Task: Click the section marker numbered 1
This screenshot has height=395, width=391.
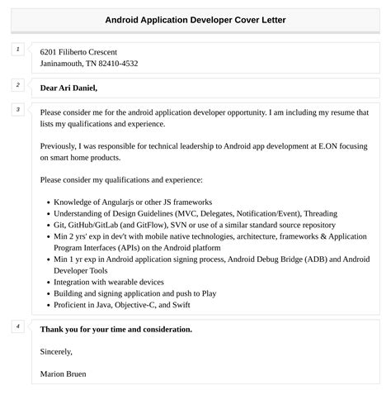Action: (18, 50)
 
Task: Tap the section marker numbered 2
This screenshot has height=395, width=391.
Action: (18, 85)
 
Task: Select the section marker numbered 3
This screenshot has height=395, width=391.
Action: (18, 109)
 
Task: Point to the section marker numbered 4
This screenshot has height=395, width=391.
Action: (18, 326)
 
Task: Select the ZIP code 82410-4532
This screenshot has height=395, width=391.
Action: (115, 64)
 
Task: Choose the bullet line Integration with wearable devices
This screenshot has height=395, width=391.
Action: (108, 282)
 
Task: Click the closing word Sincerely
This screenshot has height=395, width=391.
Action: (59, 351)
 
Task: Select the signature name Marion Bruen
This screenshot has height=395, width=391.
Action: (63, 374)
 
